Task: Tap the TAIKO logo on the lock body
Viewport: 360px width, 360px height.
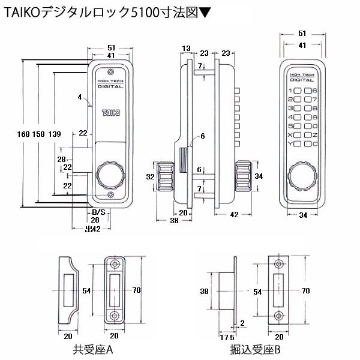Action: click(x=110, y=112)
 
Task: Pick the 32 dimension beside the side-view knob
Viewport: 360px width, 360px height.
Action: click(x=150, y=176)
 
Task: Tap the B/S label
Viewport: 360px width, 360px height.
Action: click(x=98, y=212)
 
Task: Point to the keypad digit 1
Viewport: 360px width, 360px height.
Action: click(x=290, y=91)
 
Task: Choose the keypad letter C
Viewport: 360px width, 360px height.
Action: click(x=314, y=143)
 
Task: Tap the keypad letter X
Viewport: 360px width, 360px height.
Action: click(x=290, y=134)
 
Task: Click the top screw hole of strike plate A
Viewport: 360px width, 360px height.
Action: click(x=114, y=264)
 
